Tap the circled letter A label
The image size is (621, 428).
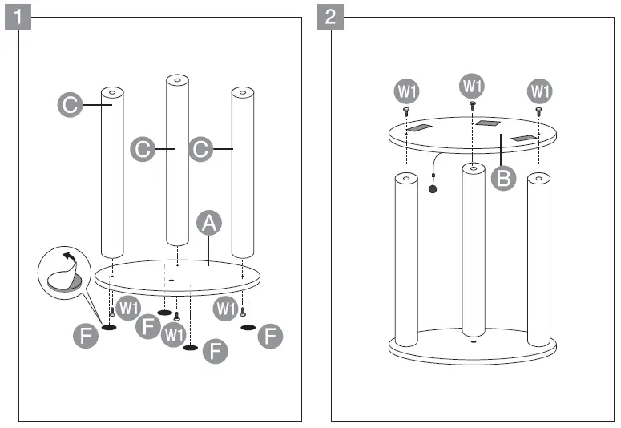209,225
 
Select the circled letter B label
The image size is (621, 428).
503,178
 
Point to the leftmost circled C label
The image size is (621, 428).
70,105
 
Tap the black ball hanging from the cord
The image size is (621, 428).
433,190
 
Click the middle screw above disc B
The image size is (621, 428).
473,105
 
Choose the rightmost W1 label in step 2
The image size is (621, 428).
540,90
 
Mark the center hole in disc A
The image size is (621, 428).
171,281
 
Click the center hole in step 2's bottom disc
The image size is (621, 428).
474,341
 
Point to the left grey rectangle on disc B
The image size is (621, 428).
419,128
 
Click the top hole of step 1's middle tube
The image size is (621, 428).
177,81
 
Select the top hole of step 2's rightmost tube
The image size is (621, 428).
538,178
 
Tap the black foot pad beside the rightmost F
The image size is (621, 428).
248,327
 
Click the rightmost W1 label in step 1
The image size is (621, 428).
225,307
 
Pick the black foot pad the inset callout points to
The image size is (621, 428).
109,327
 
